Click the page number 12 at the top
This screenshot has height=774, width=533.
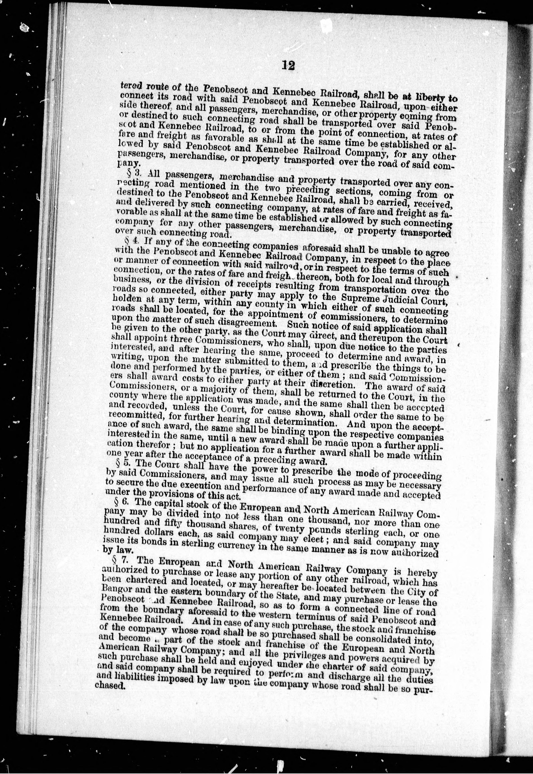click(x=287, y=65)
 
